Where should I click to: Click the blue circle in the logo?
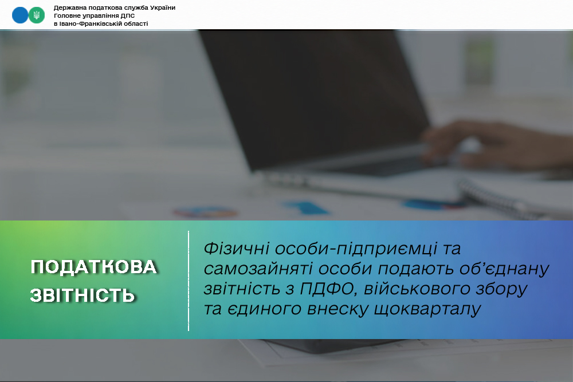coord(20,15)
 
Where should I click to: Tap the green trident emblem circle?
coord(37,15)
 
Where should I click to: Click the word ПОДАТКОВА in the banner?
coord(94,267)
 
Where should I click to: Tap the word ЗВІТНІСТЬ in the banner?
coord(83,296)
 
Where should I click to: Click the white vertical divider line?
coord(189,281)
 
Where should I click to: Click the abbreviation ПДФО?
coord(329,289)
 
